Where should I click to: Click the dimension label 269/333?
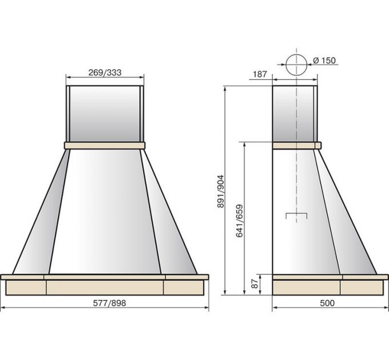click(x=105, y=73)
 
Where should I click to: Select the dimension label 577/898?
click(x=109, y=303)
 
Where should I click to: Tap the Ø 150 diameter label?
click(x=324, y=60)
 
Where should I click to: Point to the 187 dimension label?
click(x=260, y=74)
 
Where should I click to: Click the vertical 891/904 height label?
click(x=220, y=191)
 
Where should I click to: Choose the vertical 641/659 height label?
click(x=239, y=221)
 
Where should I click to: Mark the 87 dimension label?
click(x=255, y=284)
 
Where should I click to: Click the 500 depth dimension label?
click(x=327, y=303)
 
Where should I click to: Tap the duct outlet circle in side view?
click(x=296, y=65)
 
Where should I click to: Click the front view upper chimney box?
click(x=105, y=114)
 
